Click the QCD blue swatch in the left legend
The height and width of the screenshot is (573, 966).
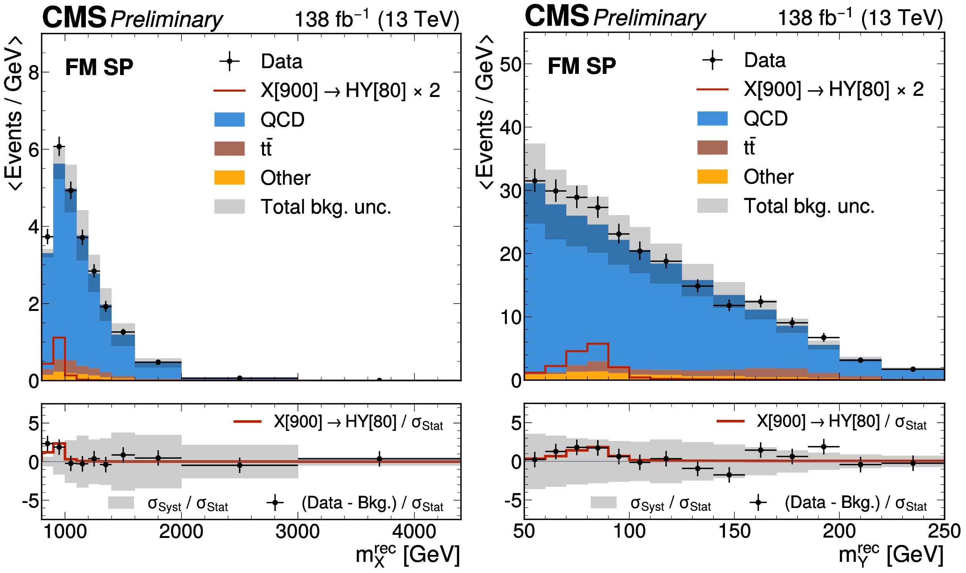pos(229,119)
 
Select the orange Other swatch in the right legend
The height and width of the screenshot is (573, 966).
pos(712,177)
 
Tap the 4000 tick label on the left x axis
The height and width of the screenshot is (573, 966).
pos(414,532)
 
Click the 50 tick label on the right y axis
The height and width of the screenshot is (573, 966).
pos(510,65)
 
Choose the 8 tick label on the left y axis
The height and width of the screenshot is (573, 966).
pos(33,72)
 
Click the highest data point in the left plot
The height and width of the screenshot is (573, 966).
pos(59,146)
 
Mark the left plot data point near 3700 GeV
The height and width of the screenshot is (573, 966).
pos(379,381)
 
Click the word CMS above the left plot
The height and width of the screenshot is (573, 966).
pos(74,17)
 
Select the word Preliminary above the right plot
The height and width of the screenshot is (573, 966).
pos(649,18)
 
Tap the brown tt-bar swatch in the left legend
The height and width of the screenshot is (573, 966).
pos(229,149)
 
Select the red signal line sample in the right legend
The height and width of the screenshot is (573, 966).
pos(712,89)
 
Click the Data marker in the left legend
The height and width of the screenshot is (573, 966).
pos(229,61)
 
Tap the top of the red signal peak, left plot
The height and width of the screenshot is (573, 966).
pos(59,337)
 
